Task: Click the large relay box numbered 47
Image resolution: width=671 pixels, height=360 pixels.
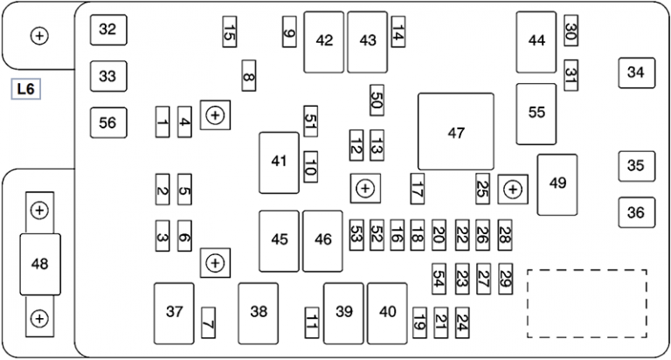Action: tap(456, 132)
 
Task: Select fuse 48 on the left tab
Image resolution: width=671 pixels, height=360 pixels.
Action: tap(40, 264)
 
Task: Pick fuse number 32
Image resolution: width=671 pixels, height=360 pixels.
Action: tap(107, 30)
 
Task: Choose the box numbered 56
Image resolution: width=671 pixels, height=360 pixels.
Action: tap(107, 122)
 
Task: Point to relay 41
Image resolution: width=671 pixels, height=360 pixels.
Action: tap(279, 162)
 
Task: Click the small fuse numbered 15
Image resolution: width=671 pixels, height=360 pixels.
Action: tap(229, 33)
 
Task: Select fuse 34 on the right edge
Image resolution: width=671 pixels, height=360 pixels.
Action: tap(635, 73)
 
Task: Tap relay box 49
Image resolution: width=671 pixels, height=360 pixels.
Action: tap(557, 183)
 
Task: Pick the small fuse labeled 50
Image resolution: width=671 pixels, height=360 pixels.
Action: tap(377, 101)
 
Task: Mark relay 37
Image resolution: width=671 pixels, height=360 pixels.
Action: tap(175, 312)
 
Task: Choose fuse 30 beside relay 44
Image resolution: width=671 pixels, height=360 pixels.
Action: tap(571, 33)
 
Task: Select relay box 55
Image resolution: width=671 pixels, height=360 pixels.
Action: tap(536, 114)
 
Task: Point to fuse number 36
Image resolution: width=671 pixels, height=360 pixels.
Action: tap(635, 211)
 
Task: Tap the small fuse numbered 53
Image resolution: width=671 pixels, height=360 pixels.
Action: tap(356, 234)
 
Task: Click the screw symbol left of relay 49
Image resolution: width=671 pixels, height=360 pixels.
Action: tap(512, 188)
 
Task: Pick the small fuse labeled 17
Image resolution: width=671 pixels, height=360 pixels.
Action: tap(417, 188)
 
